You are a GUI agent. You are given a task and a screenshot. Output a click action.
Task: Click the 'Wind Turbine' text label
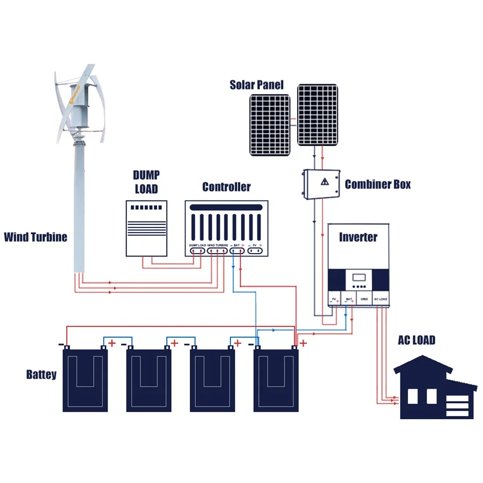tap(35, 237)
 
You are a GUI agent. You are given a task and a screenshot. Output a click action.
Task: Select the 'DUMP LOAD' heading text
tap(146, 182)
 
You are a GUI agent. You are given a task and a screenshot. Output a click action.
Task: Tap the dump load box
tap(146, 228)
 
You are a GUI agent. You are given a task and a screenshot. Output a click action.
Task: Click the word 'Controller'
tap(226, 187)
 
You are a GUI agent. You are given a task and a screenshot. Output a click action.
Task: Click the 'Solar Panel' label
tap(256, 85)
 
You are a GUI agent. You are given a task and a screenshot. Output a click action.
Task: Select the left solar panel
tap(270, 125)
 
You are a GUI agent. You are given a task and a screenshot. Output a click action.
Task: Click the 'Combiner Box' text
tap(378, 184)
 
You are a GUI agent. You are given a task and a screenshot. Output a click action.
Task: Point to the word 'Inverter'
tap(358, 237)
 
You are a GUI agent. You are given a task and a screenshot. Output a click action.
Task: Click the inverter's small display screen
tap(358, 279)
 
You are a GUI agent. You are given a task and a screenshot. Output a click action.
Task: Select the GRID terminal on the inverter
tap(364, 299)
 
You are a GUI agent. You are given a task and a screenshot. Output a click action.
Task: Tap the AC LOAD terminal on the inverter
tap(380, 299)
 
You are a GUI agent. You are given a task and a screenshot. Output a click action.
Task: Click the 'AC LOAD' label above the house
tap(416, 340)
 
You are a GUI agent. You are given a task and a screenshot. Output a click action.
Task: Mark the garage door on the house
tap(457, 405)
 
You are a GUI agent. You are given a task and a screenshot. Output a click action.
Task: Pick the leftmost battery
tap(85, 380)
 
